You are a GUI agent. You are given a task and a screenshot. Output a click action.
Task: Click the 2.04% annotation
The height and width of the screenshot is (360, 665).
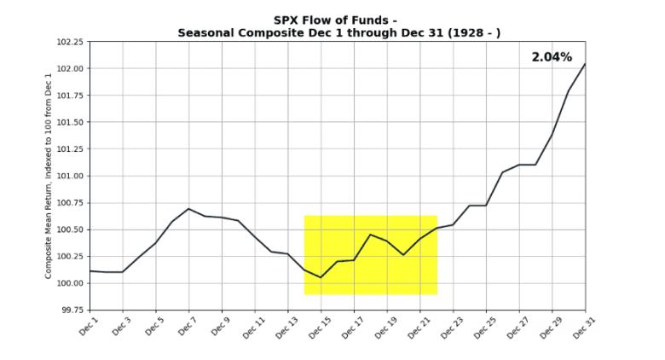pyautogui.click(x=552, y=57)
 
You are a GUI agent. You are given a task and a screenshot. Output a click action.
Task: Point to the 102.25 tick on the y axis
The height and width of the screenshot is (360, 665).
pyautogui.click(x=69, y=42)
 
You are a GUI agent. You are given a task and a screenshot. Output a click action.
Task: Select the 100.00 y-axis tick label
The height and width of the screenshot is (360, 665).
pyautogui.click(x=69, y=283)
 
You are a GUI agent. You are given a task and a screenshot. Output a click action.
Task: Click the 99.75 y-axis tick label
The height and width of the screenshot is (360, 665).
pyautogui.click(x=71, y=311)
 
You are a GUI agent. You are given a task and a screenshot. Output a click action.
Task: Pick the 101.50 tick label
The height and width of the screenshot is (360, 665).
pyautogui.click(x=69, y=122)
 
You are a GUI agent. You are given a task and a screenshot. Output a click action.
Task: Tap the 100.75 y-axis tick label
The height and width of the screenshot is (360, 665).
pyautogui.click(x=69, y=203)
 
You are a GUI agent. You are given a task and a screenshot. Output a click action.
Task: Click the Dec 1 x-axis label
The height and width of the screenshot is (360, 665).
pyautogui.click(x=89, y=326)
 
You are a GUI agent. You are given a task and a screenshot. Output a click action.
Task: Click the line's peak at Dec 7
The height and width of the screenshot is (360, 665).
pyautogui.click(x=188, y=209)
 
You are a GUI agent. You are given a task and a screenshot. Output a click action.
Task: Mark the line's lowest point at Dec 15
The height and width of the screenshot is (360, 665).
pyautogui.click(x=321, y=277)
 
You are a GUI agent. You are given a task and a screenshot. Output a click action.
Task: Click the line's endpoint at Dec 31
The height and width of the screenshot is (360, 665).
pyautogui.click(x=585, y=64)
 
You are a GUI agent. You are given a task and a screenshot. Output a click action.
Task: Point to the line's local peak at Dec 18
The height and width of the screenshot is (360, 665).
pyautogui.click(x=370, y=235)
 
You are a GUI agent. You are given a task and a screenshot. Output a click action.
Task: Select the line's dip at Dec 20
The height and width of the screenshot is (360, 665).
pyautogui.click(x=403, y=254)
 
